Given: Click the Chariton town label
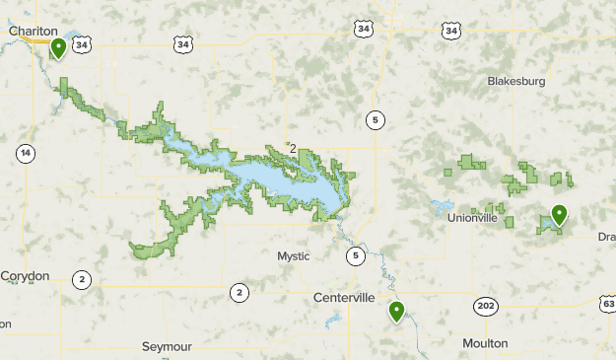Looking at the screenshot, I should point(29,31).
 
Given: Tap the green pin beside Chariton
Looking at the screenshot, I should point(59,47).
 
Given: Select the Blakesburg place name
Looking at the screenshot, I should point(515,81).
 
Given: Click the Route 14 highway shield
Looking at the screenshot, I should point(25,153).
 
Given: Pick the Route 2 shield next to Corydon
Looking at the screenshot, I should point(82,280).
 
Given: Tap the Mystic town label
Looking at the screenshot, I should point(293,256).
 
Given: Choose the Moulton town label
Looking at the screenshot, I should point(485,343).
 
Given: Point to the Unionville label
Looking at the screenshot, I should point(472,217).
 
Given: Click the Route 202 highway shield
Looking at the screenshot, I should point(485,305).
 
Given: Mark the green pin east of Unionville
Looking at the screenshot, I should point(559,214).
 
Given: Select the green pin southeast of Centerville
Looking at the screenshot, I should point(396,312).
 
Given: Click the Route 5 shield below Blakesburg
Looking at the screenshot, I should point(375,120).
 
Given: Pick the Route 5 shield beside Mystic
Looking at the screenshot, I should point(354,256).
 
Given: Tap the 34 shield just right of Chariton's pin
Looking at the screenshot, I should point(82,44).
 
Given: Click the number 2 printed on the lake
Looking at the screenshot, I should point(292,149).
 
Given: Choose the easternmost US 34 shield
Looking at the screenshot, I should point(451,32).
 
